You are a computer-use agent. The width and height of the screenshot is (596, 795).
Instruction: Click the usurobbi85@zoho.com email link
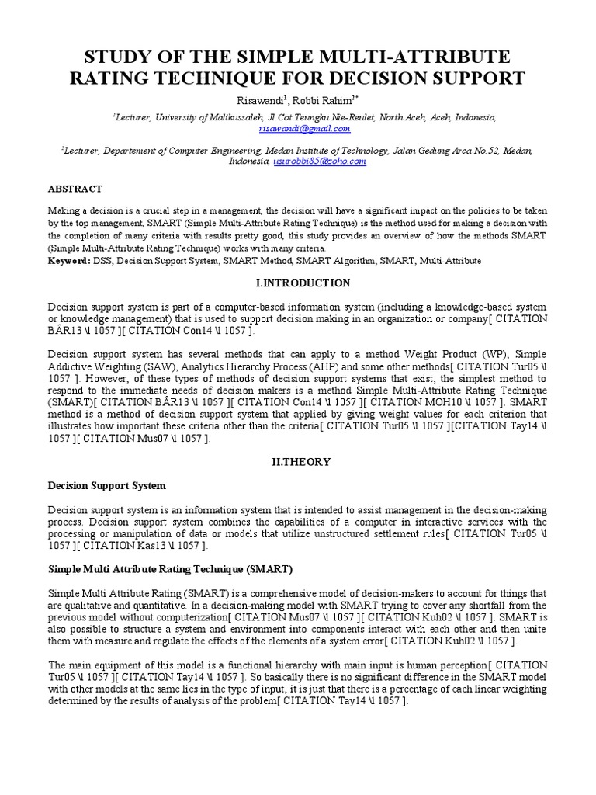pos(319,161)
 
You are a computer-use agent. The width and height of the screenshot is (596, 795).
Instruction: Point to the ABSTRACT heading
pos(75,189)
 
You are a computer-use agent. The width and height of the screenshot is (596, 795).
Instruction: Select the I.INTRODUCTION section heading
pos(297,283)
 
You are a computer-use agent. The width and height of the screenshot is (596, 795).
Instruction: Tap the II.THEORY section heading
pos(297,461)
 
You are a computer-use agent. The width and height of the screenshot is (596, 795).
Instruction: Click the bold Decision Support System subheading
pos(106,486)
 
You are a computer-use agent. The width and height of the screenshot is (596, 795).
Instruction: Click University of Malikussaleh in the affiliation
pos(207,117)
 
